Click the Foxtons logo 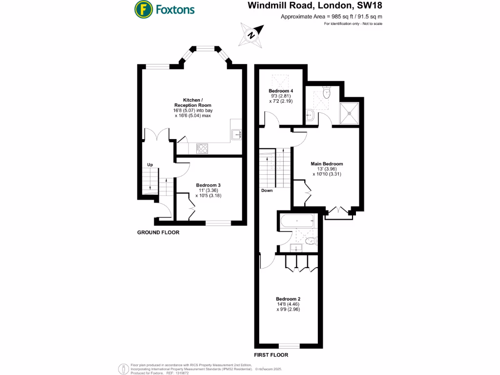coord(165,9)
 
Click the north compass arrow coord(251,35)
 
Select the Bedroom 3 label coord(208,190)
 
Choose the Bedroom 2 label coord(288,304)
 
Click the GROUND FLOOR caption coord(158,233)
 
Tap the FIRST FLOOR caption coord(271,355)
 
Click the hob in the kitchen coord(202,147)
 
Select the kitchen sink coord(237,133)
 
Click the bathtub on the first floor coord(297,222)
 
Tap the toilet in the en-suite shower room coord(327,93)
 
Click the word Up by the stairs coord(150,165)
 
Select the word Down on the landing coord(267,191)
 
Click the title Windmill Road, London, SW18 coord(315,6)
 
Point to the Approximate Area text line coord(331,17)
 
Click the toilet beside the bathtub coord(311,241)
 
